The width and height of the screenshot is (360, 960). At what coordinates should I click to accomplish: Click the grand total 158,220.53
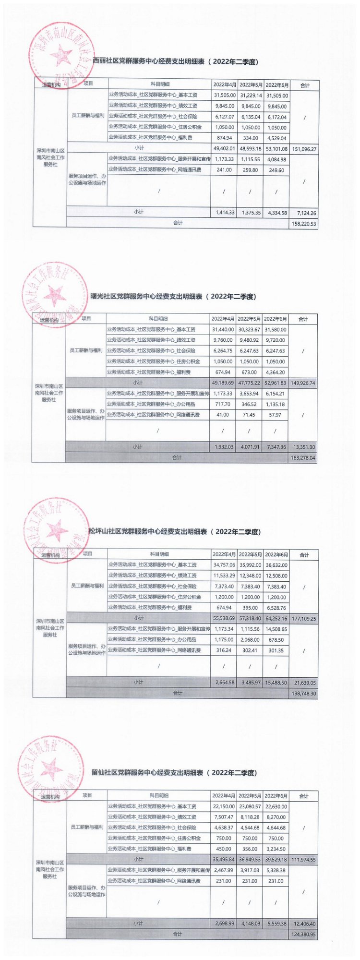coord(304,224)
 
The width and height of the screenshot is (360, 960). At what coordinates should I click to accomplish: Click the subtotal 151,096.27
coord(304,149)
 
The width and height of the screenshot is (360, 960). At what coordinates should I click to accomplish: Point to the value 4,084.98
coord(276,159)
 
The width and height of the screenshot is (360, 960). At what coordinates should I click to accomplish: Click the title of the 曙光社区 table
coord(173,297)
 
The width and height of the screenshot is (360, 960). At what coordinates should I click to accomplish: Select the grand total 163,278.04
coord(303,458)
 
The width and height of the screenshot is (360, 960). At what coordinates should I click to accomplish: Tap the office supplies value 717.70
coord(223,405)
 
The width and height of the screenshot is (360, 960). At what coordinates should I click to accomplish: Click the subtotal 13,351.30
coord(303,447)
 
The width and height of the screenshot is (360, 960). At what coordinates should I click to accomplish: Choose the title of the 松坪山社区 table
coord(175,532)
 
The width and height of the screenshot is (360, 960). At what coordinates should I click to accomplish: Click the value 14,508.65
coord(276,629)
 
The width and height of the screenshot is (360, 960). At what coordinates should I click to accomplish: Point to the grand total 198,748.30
coord(303,694)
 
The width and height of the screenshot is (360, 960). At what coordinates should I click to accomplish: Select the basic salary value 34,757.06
coord(224,565)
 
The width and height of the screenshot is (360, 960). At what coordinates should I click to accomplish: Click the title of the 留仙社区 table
coord(174,773)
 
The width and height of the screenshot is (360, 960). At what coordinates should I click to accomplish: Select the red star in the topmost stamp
coord(61,55)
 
